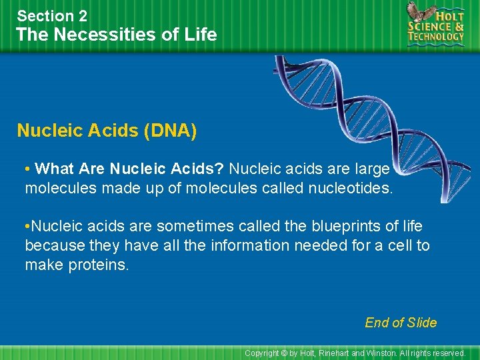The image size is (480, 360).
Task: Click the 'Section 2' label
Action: point(52,15)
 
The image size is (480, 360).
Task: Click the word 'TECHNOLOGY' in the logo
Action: point(436,37)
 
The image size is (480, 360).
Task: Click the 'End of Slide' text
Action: point(401,323)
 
